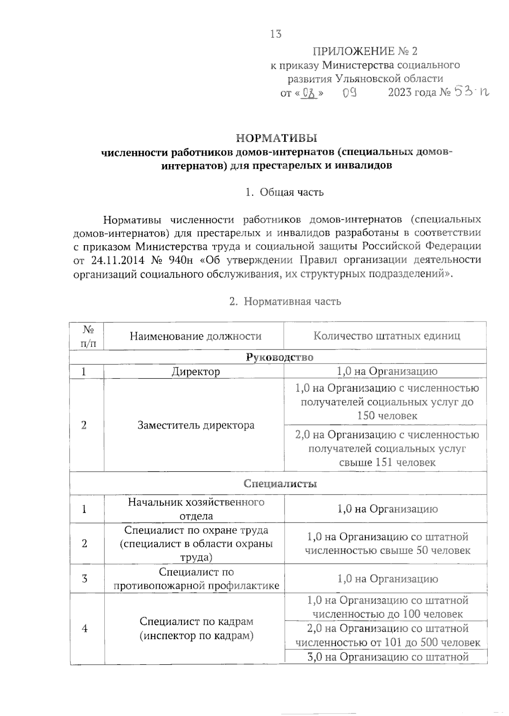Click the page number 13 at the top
pyautogui.click(x=275, y=34)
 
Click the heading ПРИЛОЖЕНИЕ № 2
pyautogui.click(x=365, y=51)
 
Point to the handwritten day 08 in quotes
pyautogui.click(x=311, y=92)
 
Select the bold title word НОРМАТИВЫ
pyautogui.click(x=276, y=138)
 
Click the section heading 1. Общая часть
pyautogui.click(x=284, y=192)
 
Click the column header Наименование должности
pyautogui.click(x=196, y=336)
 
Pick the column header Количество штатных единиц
pyautogui.click(x=386, y=336)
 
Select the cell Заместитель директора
pyautogui.click(x=196, y=425)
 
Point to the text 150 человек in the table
pyautogui.click(x=387, y=416)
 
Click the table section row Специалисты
pyautogui.click(x=280, y=484)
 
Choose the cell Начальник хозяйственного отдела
pyautogui.click(x=196, y=509)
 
